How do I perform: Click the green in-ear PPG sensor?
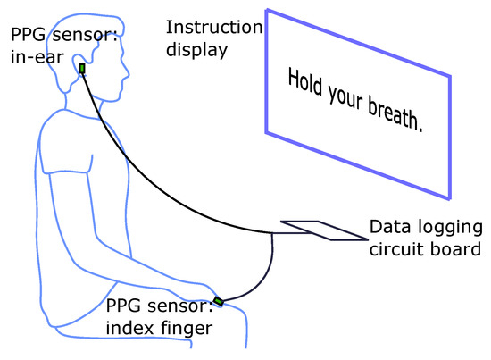(81, 69)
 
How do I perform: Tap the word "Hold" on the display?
(304, 85)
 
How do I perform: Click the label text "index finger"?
(159, 328)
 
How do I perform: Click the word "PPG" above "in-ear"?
(27, 34)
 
